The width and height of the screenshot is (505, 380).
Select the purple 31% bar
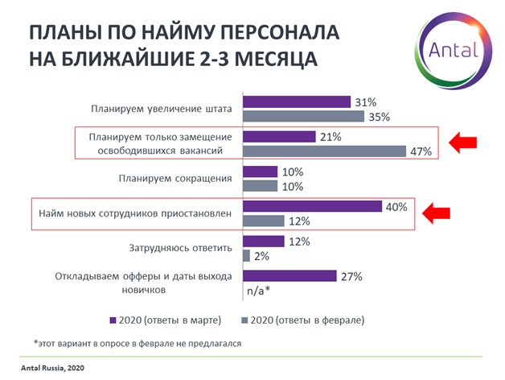click(296, 102)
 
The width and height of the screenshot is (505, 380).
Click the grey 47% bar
click(323, 151)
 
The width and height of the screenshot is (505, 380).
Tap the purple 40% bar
click(312, 207)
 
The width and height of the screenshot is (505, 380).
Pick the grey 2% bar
click(246, 256)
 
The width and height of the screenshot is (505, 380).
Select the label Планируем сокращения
click(185, 179)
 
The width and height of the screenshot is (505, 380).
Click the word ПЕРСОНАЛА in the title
click(271, 33)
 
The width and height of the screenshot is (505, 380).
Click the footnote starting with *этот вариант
click(138, 343)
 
